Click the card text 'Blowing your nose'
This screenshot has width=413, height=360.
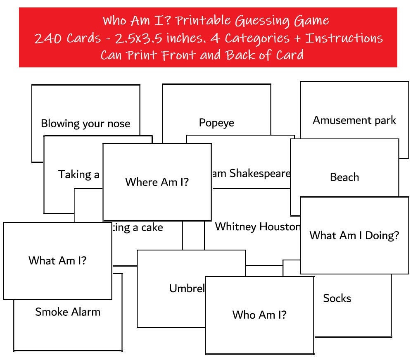pos(85,124)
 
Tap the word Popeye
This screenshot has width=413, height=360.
pos(216,123)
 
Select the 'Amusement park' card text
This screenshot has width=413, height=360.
pos(354,120)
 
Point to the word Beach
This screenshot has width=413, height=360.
pos(344,177)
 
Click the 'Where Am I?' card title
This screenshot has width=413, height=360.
pos(157,182)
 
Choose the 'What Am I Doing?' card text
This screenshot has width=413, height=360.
pos(354,236)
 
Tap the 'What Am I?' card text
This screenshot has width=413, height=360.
pos(57,260)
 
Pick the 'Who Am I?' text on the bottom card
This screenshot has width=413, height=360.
pos(259,315)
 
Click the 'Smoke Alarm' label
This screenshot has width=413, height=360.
pos(68,312)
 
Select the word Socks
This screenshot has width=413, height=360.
pos(337,298)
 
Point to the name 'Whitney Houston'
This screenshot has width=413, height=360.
pos(257,226)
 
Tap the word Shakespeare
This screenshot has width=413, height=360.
pos(260,173)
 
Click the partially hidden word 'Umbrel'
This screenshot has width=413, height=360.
pos(187,288)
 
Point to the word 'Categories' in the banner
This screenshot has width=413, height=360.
pos(257,38)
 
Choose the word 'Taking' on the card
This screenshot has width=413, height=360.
pos(74,174)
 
